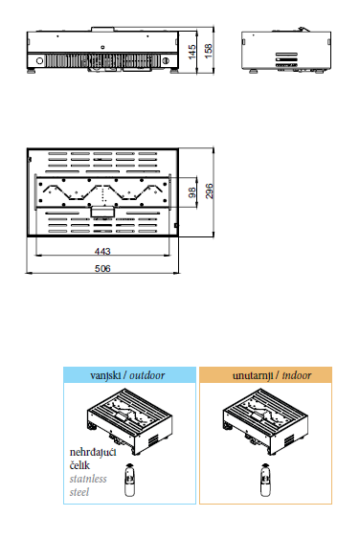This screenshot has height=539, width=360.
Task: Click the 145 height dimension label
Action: tap(192, 52)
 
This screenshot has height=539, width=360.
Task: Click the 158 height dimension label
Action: tap(209, 51)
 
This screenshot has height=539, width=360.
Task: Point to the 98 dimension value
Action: tap(192, 192)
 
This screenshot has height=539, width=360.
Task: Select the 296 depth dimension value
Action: tap(209, 191)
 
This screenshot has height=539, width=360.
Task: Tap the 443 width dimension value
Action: tap(102, 251)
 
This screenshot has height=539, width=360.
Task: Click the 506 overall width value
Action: tap(102, 268)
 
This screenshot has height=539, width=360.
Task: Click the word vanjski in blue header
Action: tap(105, 375)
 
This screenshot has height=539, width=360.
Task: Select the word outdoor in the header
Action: tap(146, 375)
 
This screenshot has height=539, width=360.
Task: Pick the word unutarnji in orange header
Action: tap(253, 375)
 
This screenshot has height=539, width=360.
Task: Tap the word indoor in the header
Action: tap(297, 375)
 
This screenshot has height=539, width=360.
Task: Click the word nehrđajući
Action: tap(93, 453)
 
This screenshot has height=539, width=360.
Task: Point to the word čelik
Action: tap(79, 465)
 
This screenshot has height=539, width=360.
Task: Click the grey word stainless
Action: tap(88, 479)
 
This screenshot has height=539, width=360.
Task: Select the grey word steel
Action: tap(79, 492)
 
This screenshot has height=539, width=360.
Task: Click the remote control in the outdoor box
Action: tap(129, 480)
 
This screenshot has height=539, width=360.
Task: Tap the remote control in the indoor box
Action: tap(265, 480)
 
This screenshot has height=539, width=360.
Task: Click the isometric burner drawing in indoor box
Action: tap(265, 422)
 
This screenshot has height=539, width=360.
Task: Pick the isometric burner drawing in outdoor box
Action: tap(129, 422)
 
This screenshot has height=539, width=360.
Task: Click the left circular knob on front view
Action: tap(40, 61)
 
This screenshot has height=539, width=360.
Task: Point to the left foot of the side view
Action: tap(254, 71)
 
